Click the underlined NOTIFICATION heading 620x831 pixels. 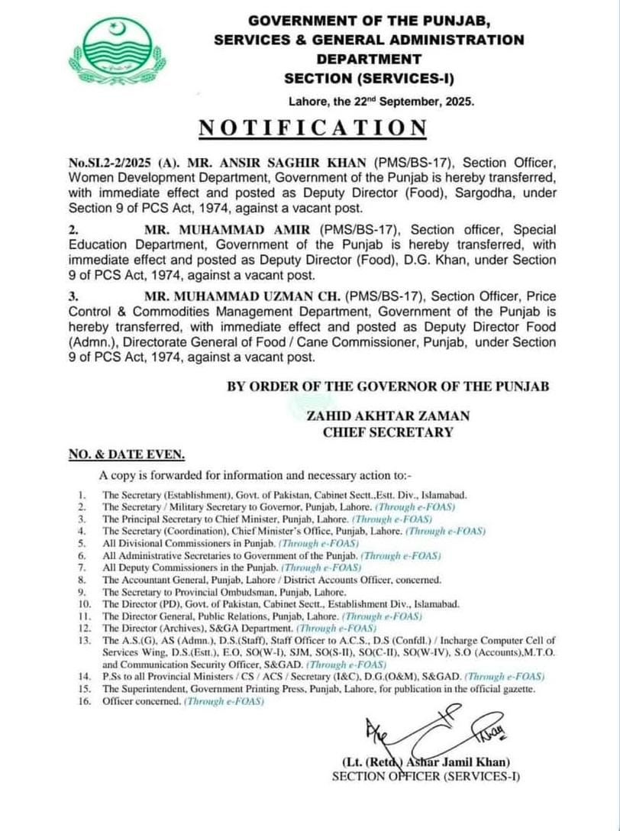click(312, 128)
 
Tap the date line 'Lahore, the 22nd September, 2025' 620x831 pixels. click(382, 100)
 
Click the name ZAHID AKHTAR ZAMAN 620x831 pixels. click(388, 416)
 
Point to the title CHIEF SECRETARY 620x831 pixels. click(388, 432)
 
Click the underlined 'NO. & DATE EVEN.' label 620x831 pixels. click(126, 455)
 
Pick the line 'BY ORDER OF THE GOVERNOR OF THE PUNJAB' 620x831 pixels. click(388, 386)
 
